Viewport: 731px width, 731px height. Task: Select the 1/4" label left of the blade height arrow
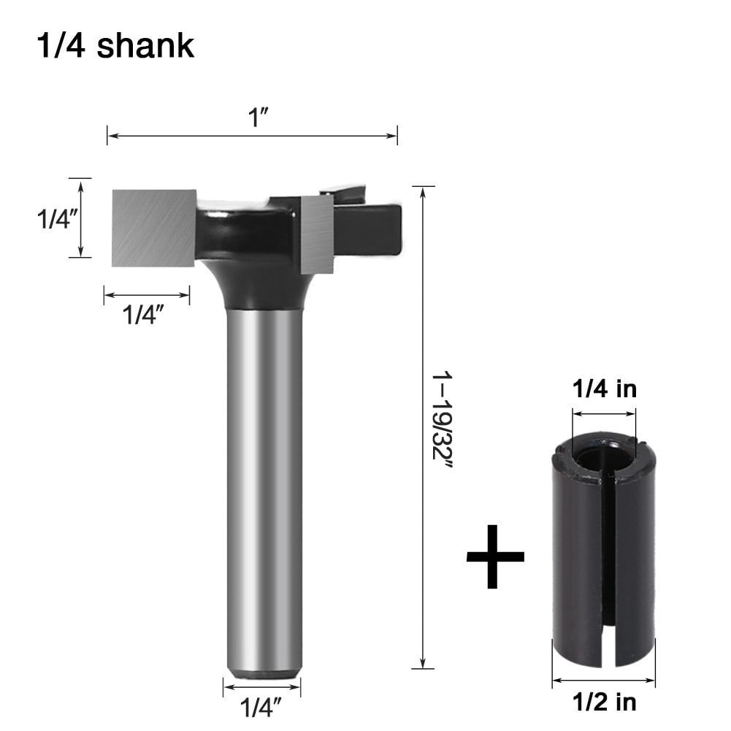[57, 218]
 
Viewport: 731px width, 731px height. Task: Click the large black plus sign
[495, 556]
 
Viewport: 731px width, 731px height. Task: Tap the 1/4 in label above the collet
[604, 389]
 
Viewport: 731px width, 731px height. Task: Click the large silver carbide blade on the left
[153, 226]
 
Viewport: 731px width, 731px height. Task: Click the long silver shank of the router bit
[262, 475]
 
